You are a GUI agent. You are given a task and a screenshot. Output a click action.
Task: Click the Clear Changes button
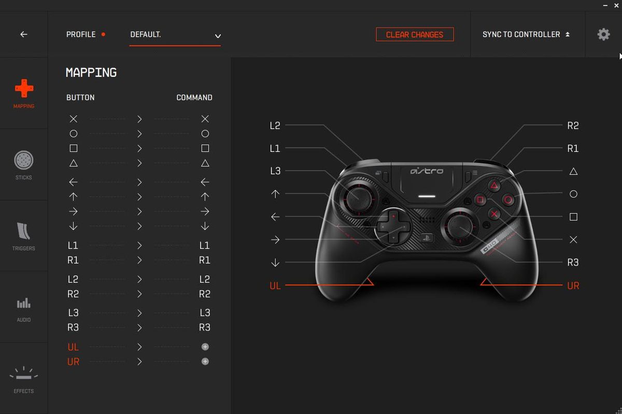pyautogui.click(x=415, y=34)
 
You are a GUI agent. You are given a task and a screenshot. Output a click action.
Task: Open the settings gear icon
pyautogui.click(x=603, y=34)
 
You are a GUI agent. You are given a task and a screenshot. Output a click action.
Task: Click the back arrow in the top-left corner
pyautogui.click(x=24, y=34)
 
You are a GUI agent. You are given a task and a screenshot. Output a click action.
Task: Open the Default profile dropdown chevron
pyautogui.click(x=218, y=36)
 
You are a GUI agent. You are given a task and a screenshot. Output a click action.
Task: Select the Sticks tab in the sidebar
pyautogui.click(x=24, y=165)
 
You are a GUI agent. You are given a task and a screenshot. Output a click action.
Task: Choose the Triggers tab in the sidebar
pyautogui.click(x=24, y=237)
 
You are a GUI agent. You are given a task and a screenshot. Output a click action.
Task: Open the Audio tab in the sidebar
pyautogui.click(x=24, y=310)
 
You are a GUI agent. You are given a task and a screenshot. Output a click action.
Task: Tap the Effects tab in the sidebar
pyautogui.click(x=24, y=380)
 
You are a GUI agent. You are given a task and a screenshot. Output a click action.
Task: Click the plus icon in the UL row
pyautogui.click(x=205, y=347)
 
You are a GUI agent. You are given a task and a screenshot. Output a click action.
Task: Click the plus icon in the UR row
pyautogui.click(x=205, y=362)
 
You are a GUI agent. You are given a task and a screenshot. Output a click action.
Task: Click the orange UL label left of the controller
pyautogui.click(x=275, y=286)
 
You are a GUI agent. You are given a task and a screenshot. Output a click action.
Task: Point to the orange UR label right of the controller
pyautogui.click(x=573, y=286)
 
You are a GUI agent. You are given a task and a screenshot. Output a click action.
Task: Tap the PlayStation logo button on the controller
pyautogui.click(x=427, y=238)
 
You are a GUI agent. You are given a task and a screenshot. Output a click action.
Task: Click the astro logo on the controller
pyautogui.click(x=427, y=171)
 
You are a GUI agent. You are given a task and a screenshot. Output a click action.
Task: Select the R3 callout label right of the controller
pyautogui.click(x=573, y=263)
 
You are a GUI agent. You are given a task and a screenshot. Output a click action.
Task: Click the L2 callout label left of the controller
pyautogui.click(x=275, y=126)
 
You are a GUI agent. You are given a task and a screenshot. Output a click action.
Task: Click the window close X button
pyautogui.click(x=616, y=5)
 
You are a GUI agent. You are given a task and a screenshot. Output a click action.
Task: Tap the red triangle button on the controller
pyautogui.click(x=494, y=185)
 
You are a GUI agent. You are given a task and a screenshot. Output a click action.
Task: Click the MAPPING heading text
pyautogui.click(x=91, y=73)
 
